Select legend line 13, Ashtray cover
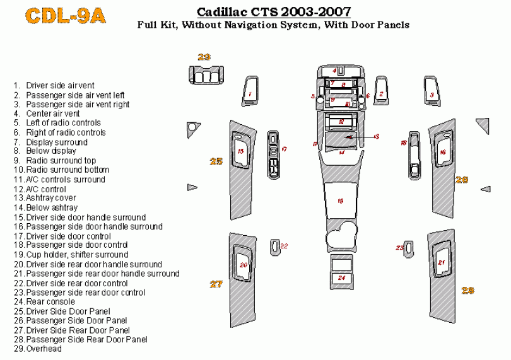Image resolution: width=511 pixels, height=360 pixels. tap(51, 198)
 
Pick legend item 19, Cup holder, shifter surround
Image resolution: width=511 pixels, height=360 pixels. tap(77, 255)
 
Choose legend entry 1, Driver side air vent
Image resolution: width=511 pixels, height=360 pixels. tap(60, 85)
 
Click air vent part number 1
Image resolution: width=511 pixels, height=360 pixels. tap(250, 93)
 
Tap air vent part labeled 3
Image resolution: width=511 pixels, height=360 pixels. tap(432, 93)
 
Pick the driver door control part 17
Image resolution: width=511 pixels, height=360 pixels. tap(274, 155)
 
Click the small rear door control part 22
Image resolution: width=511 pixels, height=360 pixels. tap(276, 247)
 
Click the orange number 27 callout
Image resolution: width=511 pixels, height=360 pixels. tap(216, 284)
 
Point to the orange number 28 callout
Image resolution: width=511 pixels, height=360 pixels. tap(467, 290)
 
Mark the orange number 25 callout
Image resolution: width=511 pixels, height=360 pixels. tap(216, 161)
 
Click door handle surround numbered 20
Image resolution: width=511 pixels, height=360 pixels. tap(243, 265)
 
